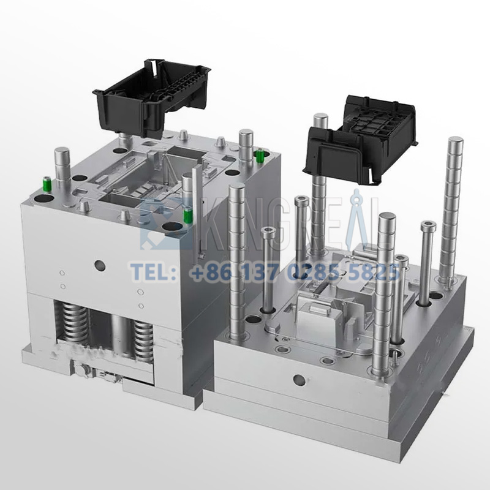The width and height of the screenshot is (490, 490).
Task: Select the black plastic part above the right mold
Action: click(361, 138)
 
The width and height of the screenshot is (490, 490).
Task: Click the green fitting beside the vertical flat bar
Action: click(189, 216)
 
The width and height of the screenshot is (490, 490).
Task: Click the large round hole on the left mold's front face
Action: click(99, 265)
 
